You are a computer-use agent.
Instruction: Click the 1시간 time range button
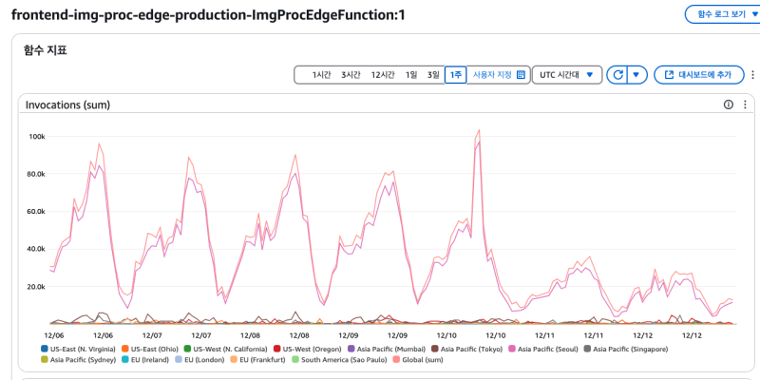click(x=321, y=74)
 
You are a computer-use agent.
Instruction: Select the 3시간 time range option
click(x=351, y=74)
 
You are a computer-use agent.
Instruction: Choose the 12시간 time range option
click(x=383, y=74)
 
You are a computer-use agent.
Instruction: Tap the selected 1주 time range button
click(x=456, y=74)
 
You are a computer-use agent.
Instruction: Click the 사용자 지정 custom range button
click(x=499, y=74)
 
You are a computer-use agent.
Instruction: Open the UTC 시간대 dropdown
click(x=566, y=74)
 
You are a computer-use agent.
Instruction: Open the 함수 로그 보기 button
click(x=722, y=14)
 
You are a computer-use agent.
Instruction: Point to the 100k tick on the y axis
click(x=37, y=136)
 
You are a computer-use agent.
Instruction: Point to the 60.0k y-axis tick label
click(x=34, y=211)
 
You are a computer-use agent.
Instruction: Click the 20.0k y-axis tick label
click(x=34, y=286)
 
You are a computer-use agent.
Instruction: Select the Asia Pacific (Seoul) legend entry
click(x=547, y=349)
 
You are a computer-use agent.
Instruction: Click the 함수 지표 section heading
click(x=45, y=49)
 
